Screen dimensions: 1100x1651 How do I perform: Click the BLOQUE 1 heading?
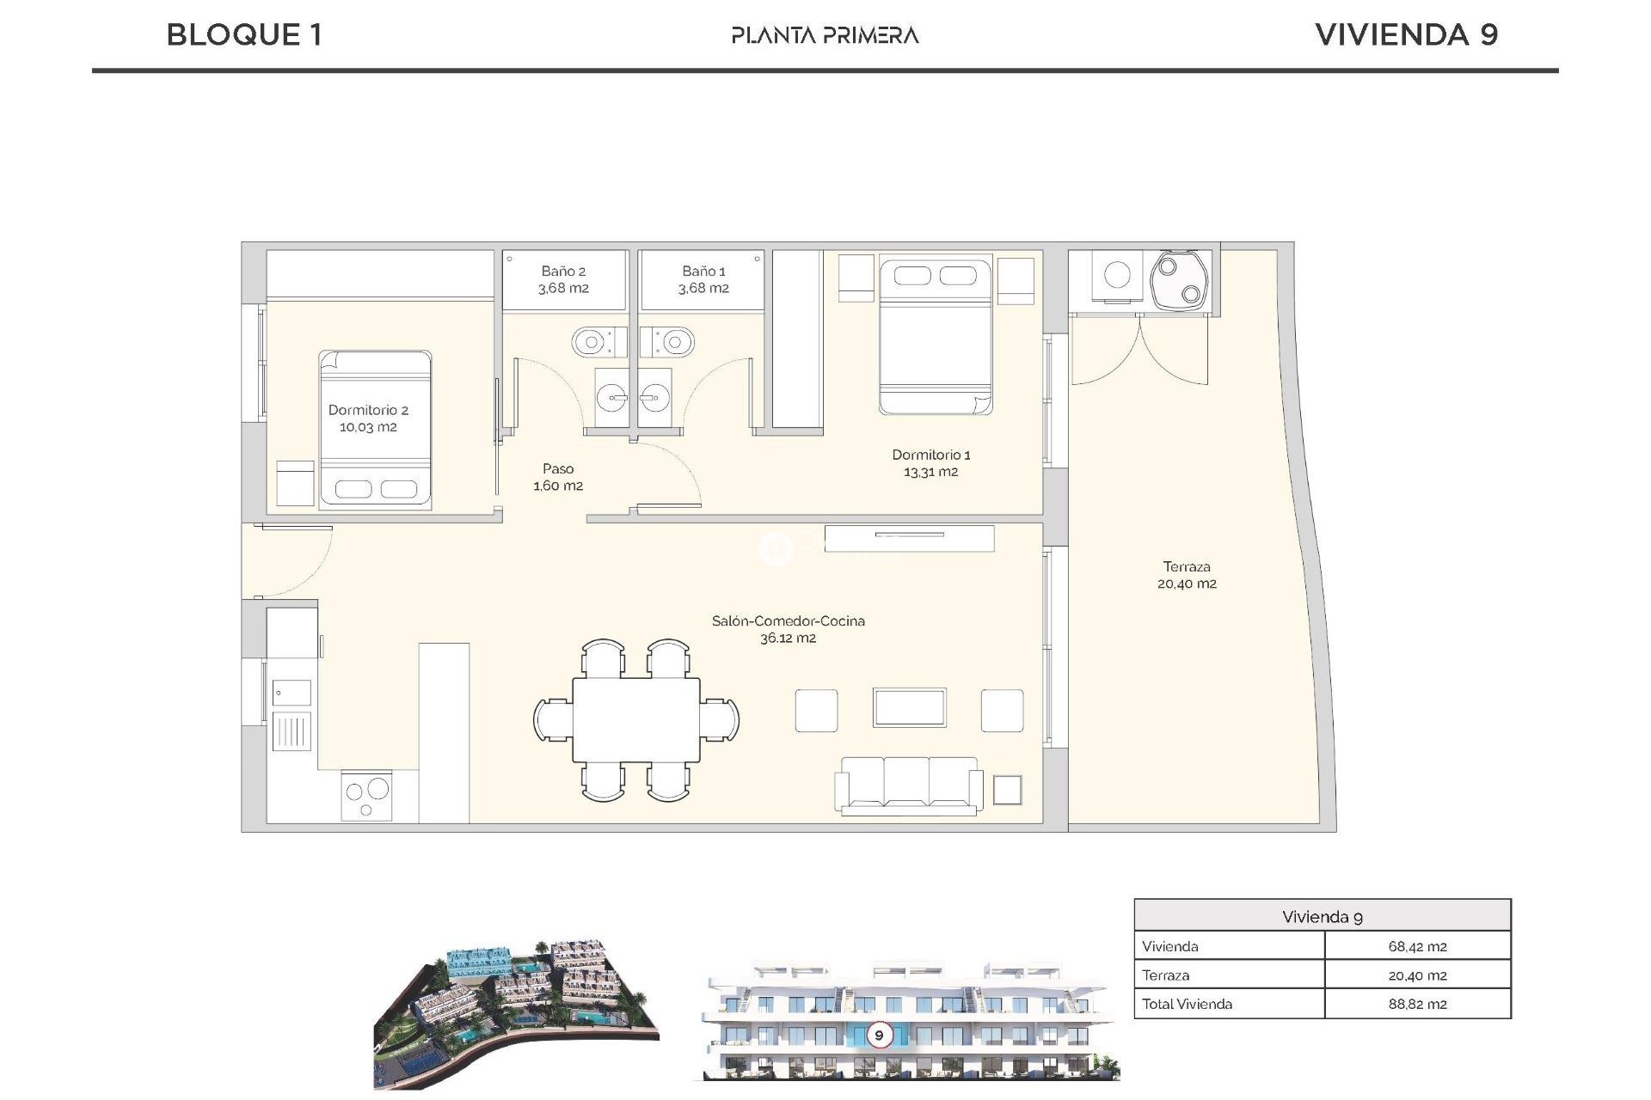click(x=244, y=35)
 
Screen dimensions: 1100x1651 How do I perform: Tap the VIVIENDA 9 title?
click(x=1406, y=35)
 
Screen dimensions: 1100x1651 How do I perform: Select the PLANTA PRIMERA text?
click(x=825, y=35)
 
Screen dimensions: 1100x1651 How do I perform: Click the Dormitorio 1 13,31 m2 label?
click(x=930, y=463)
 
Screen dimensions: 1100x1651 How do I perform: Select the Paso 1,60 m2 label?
click(x=558, y=477)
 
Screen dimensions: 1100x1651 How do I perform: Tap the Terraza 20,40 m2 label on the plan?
click(x=1187, y=575)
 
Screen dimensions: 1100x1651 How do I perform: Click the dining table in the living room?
click(x=636, y=719)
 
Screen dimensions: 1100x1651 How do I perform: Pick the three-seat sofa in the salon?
click(x=908, y=784)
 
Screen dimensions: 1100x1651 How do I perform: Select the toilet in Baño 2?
click(x=593, y=343)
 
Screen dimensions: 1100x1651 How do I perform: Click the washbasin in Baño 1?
click(x=656, y=398)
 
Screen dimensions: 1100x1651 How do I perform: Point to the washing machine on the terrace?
click(x=1117, y=275)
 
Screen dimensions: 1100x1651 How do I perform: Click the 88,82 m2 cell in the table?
click(x=1417, y=1004)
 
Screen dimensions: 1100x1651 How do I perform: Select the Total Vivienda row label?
click(x=1187, y=1004)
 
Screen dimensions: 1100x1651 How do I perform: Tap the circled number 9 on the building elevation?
click(x=879, y=1035)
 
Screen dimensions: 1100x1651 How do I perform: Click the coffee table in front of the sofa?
click(x=909, y=708)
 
